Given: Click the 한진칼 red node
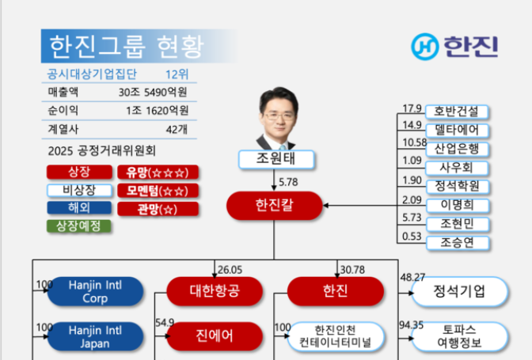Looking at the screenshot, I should click(275, 206).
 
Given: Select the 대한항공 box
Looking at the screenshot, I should click(215, 291).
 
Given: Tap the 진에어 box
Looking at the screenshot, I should click(215, 335).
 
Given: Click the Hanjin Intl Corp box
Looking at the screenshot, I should click(94, 291).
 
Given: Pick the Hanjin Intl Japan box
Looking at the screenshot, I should click(94, 335).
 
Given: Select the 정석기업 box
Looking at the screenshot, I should click(459, 291).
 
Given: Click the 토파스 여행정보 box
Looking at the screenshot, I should click(459, 335).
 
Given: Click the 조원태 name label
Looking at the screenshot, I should click(275, 159).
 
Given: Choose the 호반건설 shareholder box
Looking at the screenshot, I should click(457, 112).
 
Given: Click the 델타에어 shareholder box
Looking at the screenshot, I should click(457, 130).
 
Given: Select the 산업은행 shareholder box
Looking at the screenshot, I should click(457, 149).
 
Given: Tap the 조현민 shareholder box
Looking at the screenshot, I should click(457, 224).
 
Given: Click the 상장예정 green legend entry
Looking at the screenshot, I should click(78, 226).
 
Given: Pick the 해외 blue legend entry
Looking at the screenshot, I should click(78, 208).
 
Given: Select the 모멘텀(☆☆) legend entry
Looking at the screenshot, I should click(158, 191).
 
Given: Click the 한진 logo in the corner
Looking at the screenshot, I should click(454, 47).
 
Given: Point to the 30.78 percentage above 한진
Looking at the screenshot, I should click(351, 270).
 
